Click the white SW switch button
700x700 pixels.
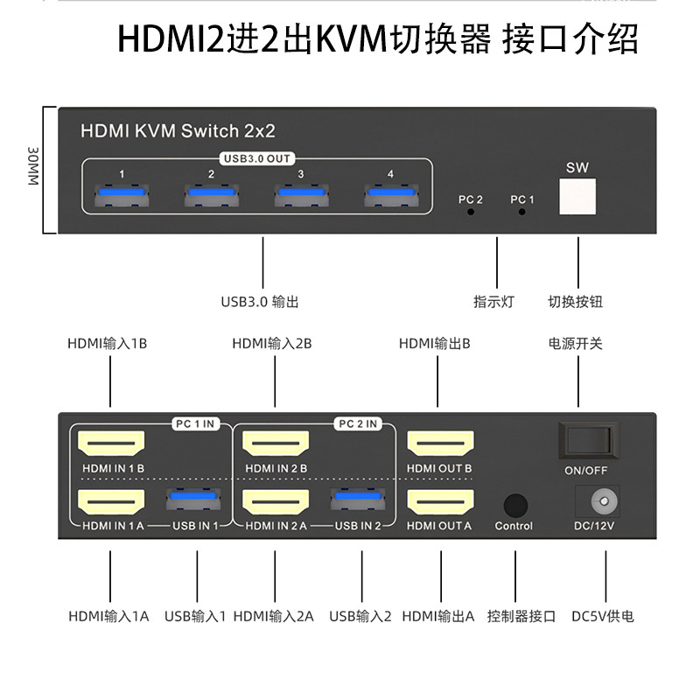pyautogui.click(x=577, y=197)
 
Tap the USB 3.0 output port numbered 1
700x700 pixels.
pyautogui.click(x=122, y=195)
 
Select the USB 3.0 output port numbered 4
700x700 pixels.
pyautogui.click(x=390, y=195)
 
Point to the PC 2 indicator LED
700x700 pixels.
pyautogui.click(x=471, y=212)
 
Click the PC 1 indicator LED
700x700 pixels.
pyautogui.click(x=522, y=212)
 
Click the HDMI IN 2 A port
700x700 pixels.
pyautogui.click(x=275, y=502)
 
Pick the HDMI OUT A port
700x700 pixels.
pyautogui.click(x=439, y=502)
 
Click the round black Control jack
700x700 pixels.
pyautogui.click(x=514, y=506)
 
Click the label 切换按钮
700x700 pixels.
pyautogui.click(x=576, y=303)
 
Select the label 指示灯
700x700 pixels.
pyautogui.click(x=493, y=303)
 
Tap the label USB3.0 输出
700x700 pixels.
pyautogui.click(x=260, y=303)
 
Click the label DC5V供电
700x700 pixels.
pyautogui.click(x=604, y=616)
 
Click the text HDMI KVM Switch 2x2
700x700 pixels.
pyautogui.click(x=178, y=131)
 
